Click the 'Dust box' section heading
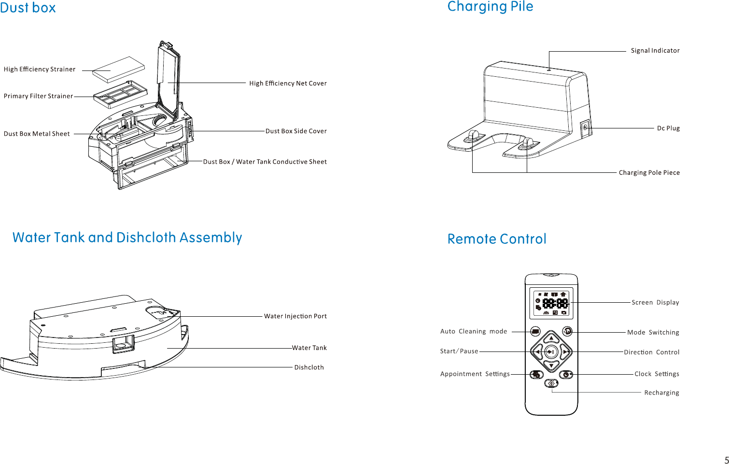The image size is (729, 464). [x=28, y=8]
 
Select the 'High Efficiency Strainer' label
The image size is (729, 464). [x=40, y=70]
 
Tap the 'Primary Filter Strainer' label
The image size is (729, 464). [x=38, y=96]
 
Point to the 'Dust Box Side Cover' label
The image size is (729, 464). [x=296, y=131]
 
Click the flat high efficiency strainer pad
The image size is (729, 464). [x=118, y=70]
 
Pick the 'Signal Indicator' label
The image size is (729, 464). [x=655, y=51]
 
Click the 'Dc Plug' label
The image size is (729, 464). [x=668, y=128]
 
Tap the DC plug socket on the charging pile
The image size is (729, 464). [x=585, y=128]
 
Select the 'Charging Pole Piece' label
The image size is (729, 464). [x=649, y=173]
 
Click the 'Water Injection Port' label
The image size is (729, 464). [x=295, y=316]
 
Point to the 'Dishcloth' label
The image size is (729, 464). [x=309, y=367]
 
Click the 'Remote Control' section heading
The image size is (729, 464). [x=497, y=239]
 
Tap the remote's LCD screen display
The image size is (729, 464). [x=551, y=304]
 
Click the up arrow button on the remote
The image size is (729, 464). [x=551, y=338]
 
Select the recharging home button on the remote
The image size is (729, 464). [x=551, y=383]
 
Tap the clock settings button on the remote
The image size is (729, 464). [x=566, y=374]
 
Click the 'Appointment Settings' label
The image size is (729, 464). [x=475, y=374]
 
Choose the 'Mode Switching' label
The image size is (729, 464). [x=653, y=333]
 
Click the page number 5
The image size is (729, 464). [x=726, y=460]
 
